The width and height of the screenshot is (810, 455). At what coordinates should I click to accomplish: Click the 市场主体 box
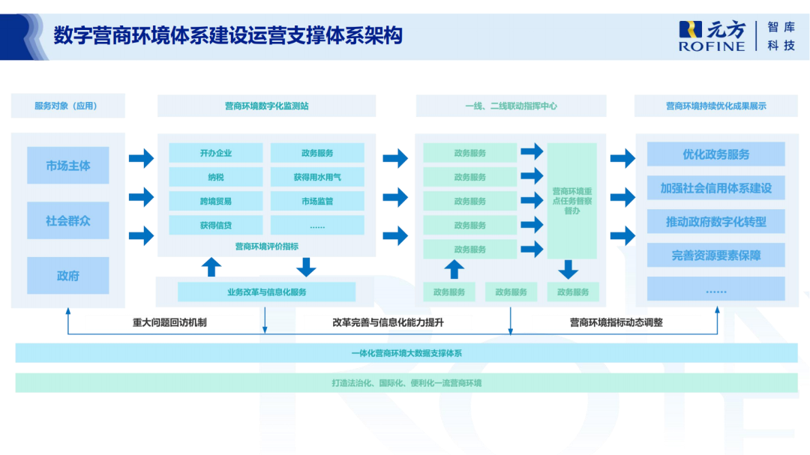67,166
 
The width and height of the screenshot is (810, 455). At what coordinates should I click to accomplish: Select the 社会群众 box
67,220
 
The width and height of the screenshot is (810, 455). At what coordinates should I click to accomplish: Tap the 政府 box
67,275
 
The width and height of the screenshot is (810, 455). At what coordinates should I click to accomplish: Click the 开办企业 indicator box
215,153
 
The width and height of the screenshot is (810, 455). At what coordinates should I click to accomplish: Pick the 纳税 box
215,177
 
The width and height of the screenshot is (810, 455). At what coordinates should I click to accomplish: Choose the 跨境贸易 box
215,201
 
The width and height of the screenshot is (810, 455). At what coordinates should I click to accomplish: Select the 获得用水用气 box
317,177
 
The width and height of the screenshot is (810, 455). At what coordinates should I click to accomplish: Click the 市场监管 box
317,201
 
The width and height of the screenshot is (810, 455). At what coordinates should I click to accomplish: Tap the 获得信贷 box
215,225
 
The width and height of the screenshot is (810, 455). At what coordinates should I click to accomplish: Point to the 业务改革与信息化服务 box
266,292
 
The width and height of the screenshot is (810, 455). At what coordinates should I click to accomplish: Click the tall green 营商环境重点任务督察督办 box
571,201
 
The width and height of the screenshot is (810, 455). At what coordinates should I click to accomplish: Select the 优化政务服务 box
715,154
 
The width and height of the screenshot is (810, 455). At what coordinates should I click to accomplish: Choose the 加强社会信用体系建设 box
715,188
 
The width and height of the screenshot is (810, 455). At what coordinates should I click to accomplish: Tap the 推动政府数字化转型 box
715,222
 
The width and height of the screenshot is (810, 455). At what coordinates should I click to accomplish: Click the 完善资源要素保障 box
715,256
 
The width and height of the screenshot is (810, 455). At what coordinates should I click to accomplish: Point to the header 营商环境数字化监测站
266,106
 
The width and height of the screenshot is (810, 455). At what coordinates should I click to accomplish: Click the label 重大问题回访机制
169,322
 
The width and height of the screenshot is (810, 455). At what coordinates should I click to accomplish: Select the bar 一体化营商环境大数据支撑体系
406,353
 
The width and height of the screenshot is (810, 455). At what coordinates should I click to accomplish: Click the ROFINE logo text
712,46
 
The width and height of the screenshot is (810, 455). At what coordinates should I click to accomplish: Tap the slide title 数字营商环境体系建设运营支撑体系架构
228,35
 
